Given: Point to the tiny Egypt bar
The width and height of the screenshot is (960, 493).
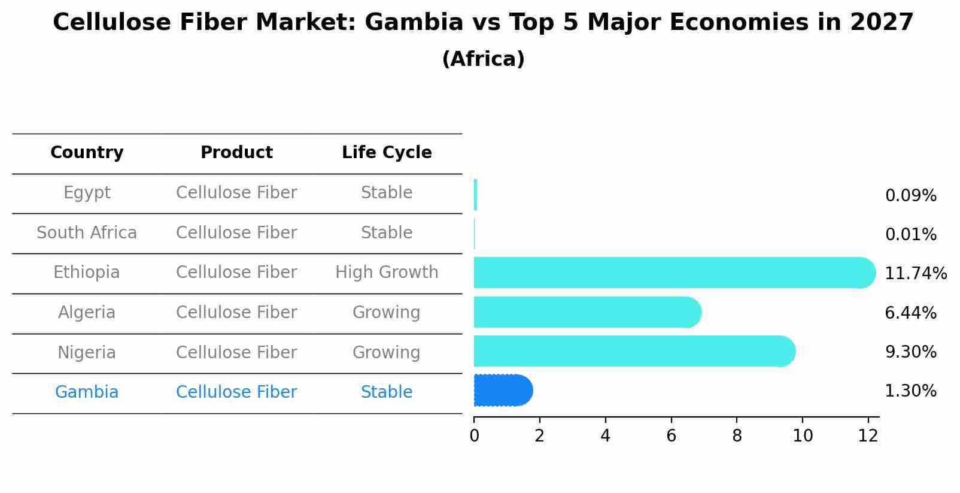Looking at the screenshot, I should (475, 195).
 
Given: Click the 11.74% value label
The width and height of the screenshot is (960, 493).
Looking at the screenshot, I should (915, 274).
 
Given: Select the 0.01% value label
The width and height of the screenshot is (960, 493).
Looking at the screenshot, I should (910, 235).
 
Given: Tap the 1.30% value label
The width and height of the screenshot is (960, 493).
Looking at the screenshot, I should (910, 391).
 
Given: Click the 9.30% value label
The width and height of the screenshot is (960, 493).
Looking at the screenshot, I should (910, 352).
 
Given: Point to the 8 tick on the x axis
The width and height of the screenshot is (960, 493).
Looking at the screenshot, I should (737, 436).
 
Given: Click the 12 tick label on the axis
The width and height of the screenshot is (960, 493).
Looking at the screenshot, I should (868, 436).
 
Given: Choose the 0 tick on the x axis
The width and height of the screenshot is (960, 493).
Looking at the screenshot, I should (474, 436).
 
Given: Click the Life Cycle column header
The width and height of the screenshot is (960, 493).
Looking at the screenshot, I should (387, 153).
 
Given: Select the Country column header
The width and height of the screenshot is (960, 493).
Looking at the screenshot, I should (87, 153).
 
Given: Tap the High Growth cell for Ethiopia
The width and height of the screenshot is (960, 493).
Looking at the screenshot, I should (387, 273).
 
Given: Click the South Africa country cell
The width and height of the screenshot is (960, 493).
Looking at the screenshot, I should (87, 232).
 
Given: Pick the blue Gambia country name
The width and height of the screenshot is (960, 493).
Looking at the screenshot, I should (87, 392).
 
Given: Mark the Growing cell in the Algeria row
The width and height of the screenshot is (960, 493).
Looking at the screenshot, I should (387, 313).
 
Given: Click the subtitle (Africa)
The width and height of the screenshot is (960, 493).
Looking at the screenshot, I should (483, 59).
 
